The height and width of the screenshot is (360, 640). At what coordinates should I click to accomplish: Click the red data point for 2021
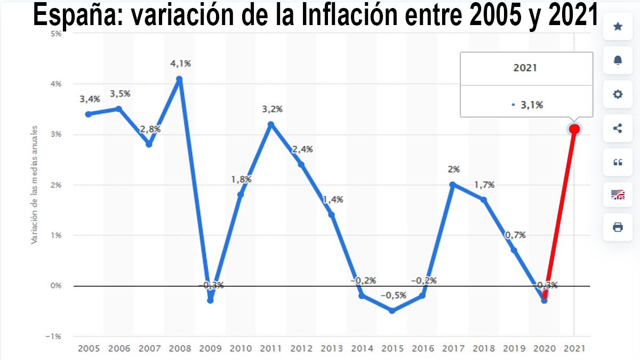[x=574, y=129]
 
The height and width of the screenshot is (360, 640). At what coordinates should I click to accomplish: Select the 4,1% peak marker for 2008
[x=180, y=79]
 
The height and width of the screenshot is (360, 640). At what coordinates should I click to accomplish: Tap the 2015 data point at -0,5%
[x=393, y=310]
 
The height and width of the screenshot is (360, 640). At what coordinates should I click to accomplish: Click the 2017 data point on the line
[x=453, y=185]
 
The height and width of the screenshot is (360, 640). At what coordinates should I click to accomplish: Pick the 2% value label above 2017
[x=454, y=170]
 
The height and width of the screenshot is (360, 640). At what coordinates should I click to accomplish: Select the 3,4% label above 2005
[x=90, y=99]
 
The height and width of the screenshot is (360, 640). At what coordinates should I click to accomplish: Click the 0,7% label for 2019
[x=515, y=235]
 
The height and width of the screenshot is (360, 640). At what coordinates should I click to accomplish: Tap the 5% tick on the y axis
[x=55, y=33]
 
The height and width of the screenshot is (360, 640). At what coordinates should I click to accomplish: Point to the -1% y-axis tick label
[x=54, y=336]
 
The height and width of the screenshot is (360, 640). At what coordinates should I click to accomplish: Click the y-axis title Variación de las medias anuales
[x=34, y=185]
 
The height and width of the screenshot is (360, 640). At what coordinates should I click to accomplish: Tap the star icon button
[x=618, y=27]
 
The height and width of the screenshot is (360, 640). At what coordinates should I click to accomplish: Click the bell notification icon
[x=618, y=60]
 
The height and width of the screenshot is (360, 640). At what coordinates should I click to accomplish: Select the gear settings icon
[x=618, y=94]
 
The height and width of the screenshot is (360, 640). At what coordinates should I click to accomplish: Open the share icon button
[x=618, y=128]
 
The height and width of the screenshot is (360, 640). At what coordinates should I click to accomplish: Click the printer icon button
[x=618, y=227]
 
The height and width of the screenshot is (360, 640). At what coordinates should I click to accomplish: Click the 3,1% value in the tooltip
[x=532, y=105]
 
